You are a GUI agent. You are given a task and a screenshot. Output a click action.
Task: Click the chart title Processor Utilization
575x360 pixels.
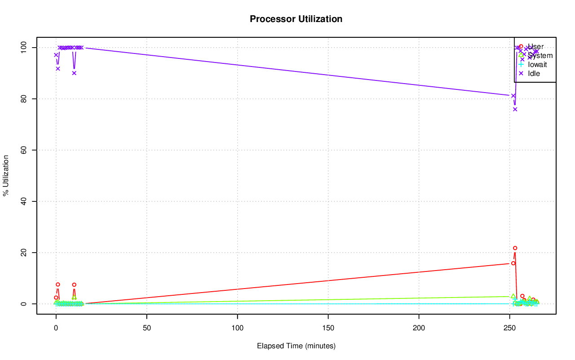click(x=296, y=19)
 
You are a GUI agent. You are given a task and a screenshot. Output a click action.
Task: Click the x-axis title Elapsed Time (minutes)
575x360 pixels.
click(x=296, y=346)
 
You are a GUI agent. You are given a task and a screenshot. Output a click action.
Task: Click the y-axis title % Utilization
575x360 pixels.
click(x=6, y=175)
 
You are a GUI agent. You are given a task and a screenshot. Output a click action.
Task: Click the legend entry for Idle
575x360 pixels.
click(x=534, y=73)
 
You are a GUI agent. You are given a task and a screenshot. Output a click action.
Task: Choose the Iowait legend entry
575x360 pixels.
click(x=537, y=64)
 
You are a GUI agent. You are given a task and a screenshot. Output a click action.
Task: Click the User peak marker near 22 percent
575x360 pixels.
click(x=515, y=248)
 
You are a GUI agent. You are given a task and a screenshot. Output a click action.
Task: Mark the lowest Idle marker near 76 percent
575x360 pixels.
click(x=515, y=109)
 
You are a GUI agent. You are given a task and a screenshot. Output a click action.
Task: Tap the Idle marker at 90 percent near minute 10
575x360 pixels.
click(x=74, y=73)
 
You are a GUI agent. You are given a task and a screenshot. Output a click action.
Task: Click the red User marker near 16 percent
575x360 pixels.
click(x=513, y=263)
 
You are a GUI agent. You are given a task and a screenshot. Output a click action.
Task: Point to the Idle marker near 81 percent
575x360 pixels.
click(x=513, y=95)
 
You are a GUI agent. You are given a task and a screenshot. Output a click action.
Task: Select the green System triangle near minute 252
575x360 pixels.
click(x=513, y=296)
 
